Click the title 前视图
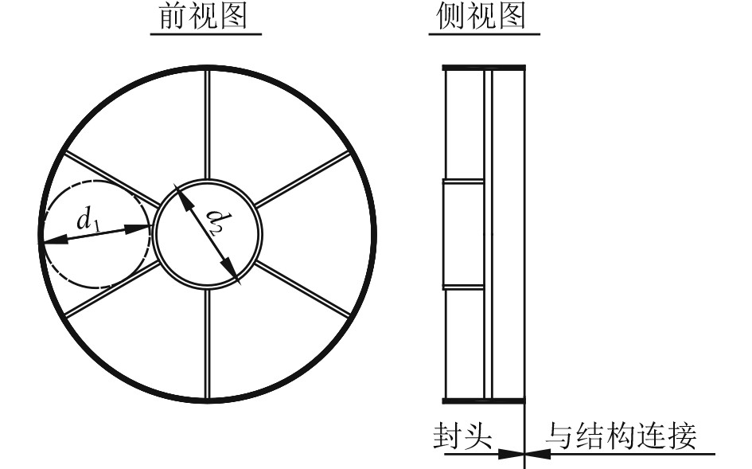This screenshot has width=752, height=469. click(206, 17)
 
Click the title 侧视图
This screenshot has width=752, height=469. click(484, 17)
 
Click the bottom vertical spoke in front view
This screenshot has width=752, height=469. click(207, 342)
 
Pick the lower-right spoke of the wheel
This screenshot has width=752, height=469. click(302, 291)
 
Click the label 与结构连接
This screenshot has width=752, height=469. click(621, 436)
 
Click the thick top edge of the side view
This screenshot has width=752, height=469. click(484, 68)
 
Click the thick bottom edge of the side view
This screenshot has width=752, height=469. click(484, 399)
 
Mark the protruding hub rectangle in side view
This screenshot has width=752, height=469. click(463, 233)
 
